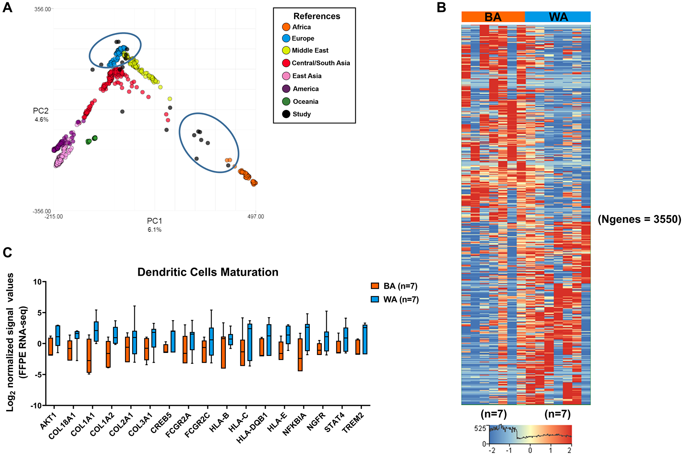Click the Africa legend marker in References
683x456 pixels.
pos(286,27)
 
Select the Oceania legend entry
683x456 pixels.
pos(305,102)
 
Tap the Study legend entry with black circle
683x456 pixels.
pos(302,114)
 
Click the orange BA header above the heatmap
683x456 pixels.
pos(493,17)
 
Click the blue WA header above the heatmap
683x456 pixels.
pos(558,17)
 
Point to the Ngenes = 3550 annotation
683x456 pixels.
pos(639,219)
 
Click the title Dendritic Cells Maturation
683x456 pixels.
pos(208,272)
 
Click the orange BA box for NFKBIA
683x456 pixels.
pos(300,355)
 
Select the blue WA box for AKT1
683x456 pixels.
pos(58,336)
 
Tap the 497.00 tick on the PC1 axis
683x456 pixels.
pos(255,217)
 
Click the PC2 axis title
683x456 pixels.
pos(41,111)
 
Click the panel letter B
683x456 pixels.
pos(441,8)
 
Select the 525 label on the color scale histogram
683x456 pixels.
pos(480,428)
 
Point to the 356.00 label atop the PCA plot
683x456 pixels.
pos(42,9)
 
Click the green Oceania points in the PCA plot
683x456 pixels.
pos(92,140)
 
